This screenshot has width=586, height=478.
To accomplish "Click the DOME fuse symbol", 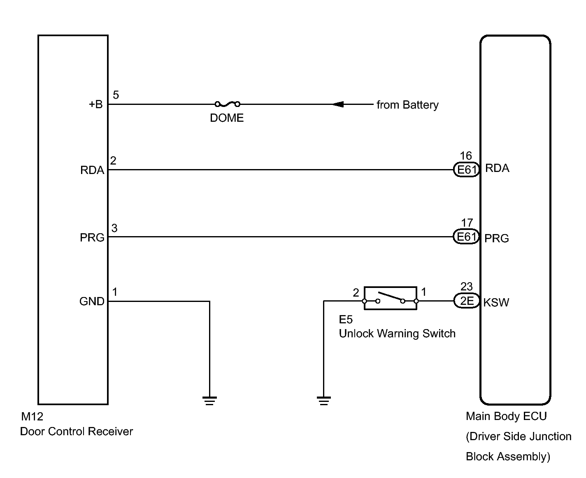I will [x=227, y=104].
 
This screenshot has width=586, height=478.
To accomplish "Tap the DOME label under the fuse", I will [x=227, y=118].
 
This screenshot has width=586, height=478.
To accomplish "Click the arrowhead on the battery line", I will [x=338, y=104].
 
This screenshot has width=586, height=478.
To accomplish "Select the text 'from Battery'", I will [x=407, y=105].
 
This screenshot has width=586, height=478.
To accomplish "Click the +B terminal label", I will [x=95, y=104].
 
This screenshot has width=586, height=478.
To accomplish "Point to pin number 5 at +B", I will [x=116, y=95].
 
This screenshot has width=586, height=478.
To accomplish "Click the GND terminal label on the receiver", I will [x=92, y=302].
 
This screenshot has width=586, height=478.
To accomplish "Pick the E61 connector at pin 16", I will [x=467, y=169].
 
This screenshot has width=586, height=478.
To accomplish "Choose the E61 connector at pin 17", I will [x=466, y=237].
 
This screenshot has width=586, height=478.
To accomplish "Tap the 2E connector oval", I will [x=467, y=301].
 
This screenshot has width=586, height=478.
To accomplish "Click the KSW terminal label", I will [x=496, y=302].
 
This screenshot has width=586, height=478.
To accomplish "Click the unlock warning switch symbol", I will [x=390, y=298].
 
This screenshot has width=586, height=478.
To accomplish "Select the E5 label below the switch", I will [x=346, y=320].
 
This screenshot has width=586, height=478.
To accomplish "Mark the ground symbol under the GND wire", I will [x=209, y=401].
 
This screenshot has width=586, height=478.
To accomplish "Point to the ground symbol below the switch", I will [x=324, y=401].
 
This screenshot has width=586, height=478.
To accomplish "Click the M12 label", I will [x=32, y=417].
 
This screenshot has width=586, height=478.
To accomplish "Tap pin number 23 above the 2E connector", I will [x=467, y=286].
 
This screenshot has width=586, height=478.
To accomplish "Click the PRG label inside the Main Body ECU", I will [x=497, y=238].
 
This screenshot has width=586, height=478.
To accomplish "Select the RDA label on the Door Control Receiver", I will [x=92, y=170].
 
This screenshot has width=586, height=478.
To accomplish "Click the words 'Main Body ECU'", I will [x=506, y=416].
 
